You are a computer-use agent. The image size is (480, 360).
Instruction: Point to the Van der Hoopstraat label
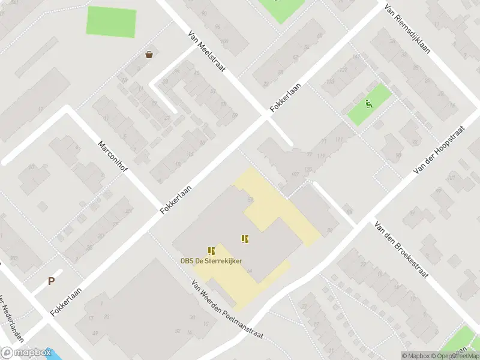(x=439, y=151)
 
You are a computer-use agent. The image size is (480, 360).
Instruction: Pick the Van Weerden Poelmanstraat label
(x=227, y=310)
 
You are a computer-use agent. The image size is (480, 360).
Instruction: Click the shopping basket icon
(x=149, y=55)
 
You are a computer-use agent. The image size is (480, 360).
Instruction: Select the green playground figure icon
(x=369, y=104)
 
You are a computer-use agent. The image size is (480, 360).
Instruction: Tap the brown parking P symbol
(x=51, y=281)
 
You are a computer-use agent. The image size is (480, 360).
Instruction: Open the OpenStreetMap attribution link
(x=459, y=356)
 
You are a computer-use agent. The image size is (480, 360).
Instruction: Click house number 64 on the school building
(x=249, y=272)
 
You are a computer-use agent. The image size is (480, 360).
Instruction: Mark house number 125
(x=308, y=170)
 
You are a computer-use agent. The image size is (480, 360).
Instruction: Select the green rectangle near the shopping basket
(x=112, y=22)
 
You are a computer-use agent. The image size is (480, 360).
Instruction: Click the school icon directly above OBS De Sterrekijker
(x=211, y=250)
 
